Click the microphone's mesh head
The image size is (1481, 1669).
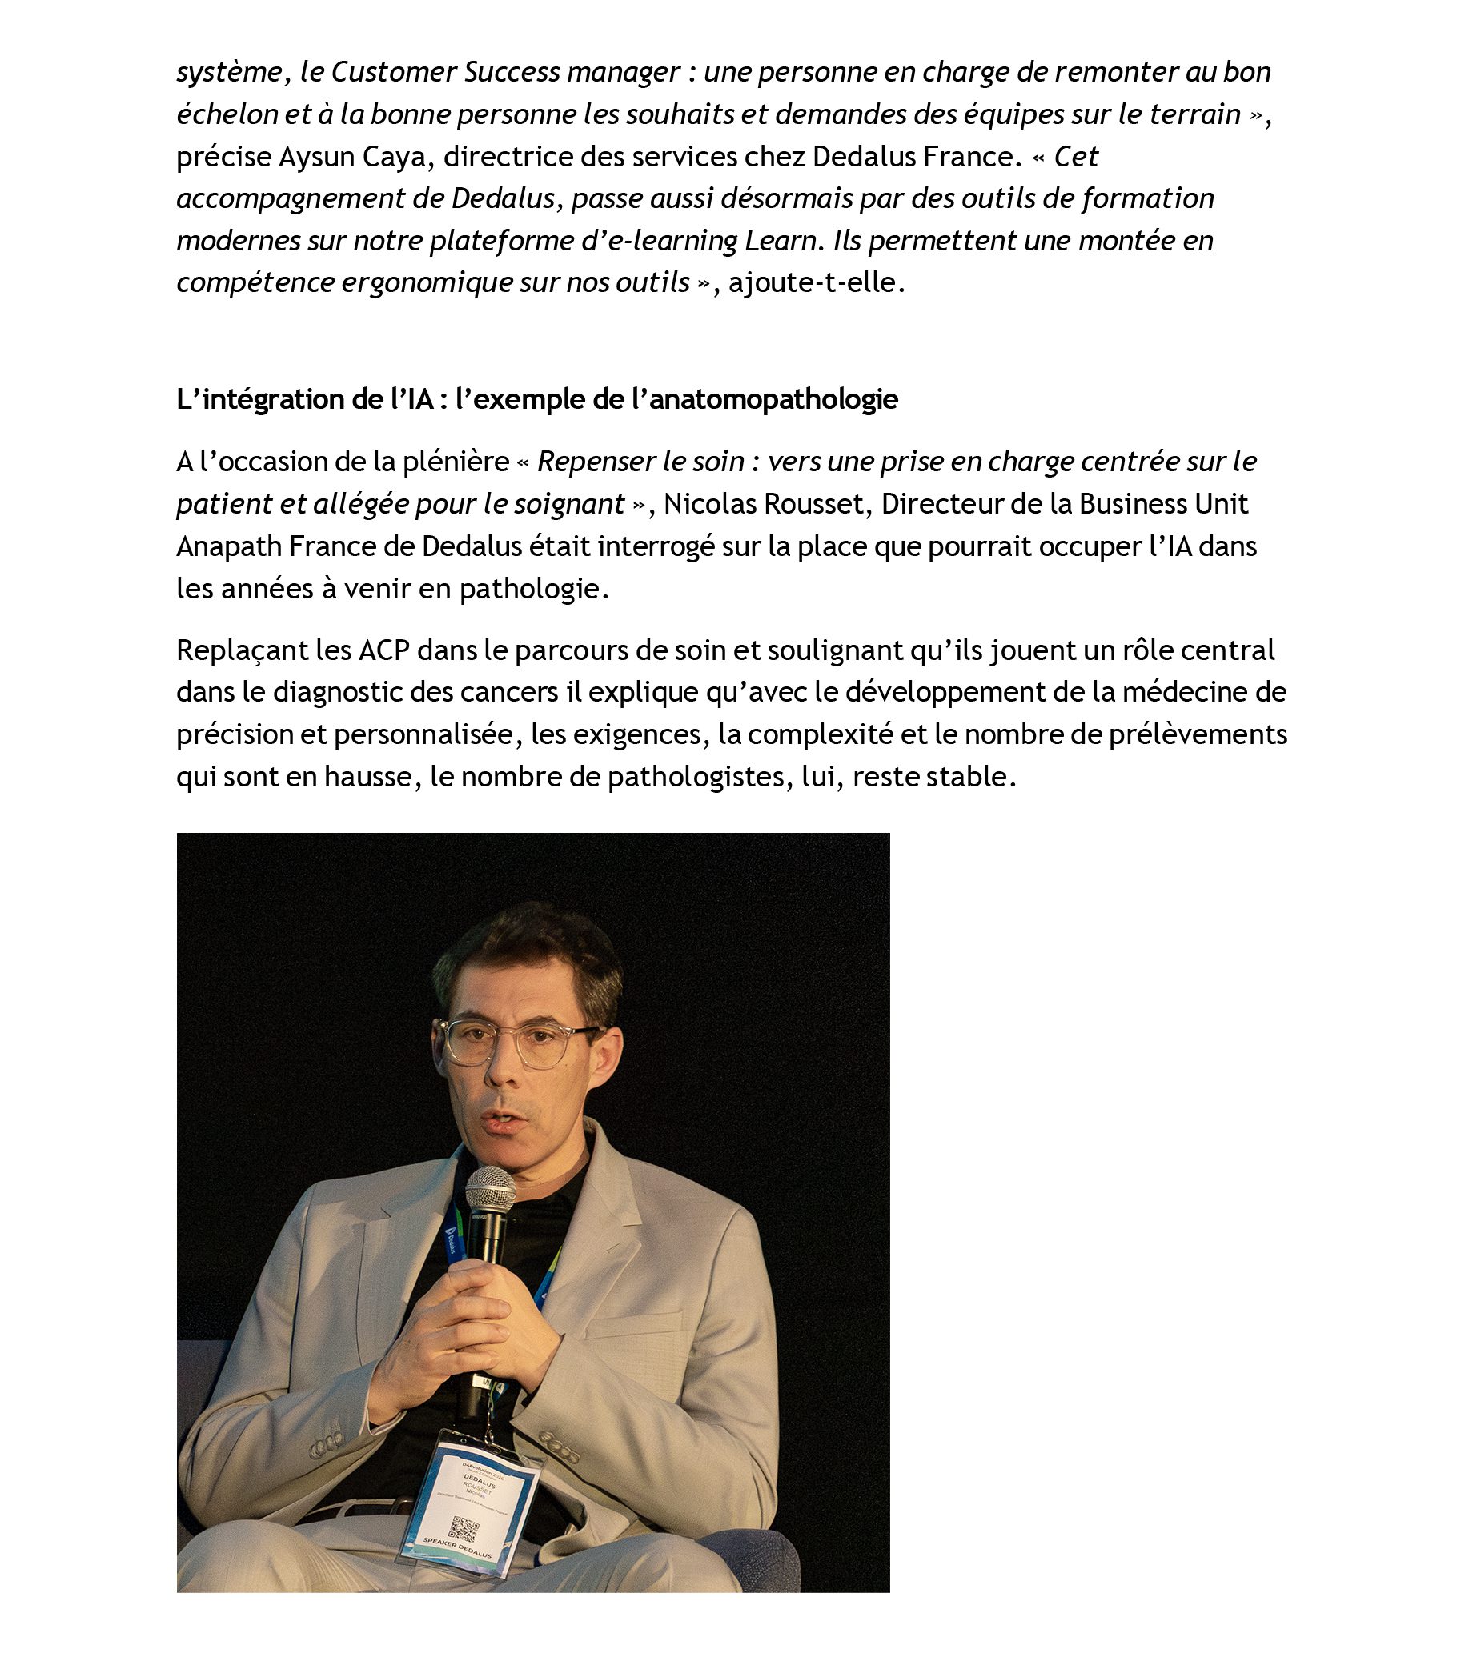tap(490, 1190)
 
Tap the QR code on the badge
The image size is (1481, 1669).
tap(464, 1528)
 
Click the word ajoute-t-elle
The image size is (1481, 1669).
tap(816, 282)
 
